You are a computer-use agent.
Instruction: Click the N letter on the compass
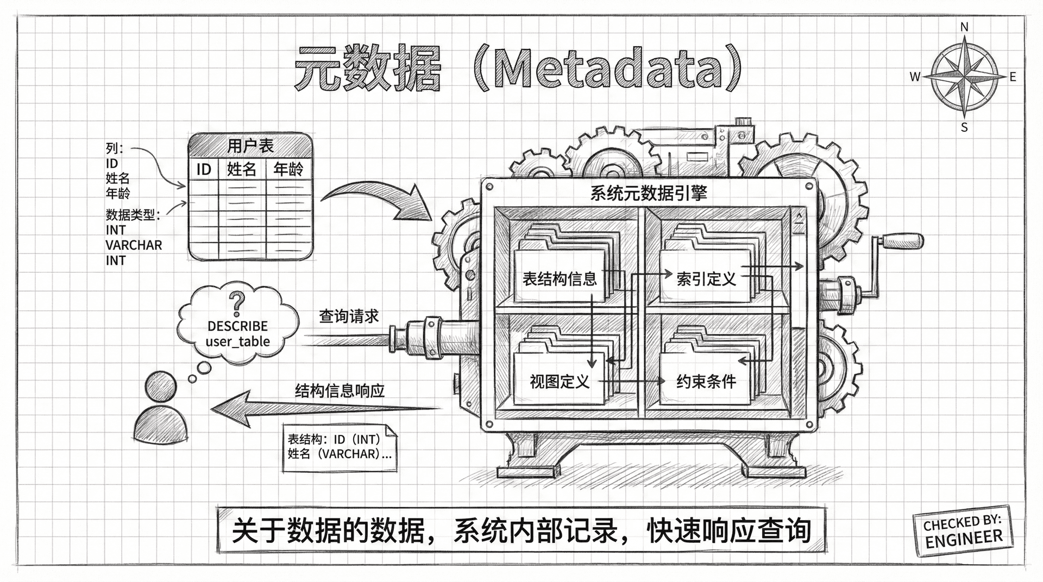964,27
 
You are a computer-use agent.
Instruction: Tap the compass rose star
964,77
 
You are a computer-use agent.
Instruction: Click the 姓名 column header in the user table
242,169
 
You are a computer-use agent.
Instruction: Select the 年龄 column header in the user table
288,169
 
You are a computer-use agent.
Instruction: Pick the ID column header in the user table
204,170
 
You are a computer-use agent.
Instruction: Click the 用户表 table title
250,145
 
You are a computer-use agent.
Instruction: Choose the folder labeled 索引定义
706,279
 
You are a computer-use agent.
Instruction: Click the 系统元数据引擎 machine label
649,193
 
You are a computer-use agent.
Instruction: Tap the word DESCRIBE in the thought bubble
237,326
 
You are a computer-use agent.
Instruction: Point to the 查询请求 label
349,316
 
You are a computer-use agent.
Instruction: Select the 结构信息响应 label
340,390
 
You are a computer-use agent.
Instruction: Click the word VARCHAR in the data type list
134,245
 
